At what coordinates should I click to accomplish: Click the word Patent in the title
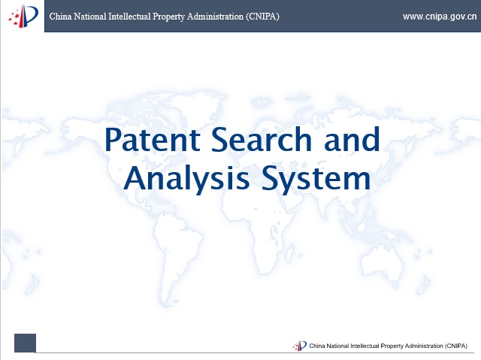click(153, 140)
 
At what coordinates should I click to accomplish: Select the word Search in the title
click(262, 139)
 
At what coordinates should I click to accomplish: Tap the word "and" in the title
click(352, 139)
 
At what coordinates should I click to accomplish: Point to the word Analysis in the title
click(186, 178)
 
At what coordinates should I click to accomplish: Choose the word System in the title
click(316, 178)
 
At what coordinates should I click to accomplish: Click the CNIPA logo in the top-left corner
click(23, 17)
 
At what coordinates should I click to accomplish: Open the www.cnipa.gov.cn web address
click(440, 17)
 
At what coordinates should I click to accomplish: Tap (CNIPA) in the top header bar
click(262, 17)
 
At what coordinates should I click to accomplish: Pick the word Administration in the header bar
click(215, 17)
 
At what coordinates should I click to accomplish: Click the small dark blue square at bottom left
click(25, 343)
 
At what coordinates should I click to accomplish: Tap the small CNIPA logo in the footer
click(299, 346)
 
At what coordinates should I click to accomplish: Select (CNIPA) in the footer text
click(456, 346)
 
